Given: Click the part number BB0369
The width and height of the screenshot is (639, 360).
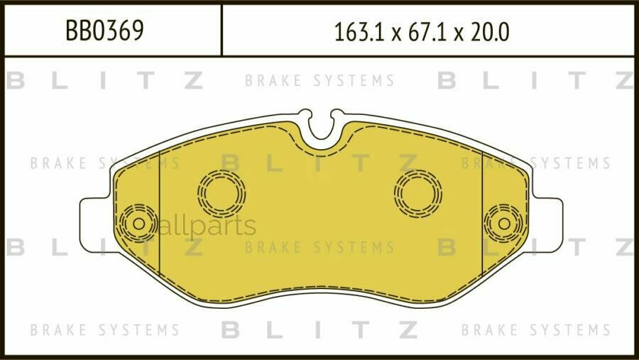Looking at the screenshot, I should pyautogui.click(x=104, y=31).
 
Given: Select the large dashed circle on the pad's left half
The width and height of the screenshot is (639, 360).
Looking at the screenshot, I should pyautogui.click(x=222, y=192).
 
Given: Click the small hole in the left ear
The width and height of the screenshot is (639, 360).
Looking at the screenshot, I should pyautogui.click(x=138, y=224).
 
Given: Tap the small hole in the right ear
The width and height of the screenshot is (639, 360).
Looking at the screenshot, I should pyautogui.click(x=503, y=223).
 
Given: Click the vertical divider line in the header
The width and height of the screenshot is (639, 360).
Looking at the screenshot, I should pyautogui.click(x=222, y=30).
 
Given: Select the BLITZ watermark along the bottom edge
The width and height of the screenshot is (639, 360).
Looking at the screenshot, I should pyautogui.click(x=319, y=329).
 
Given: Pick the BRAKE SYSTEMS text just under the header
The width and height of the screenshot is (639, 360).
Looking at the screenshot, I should pyautogui.click(x=319, y=81).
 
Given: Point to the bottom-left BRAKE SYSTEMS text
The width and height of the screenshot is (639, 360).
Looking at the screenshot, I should pyautogui.click(x=104, y=330).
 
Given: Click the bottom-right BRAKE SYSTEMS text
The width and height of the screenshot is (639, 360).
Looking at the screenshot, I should pyautogui.click(x=535, y=330).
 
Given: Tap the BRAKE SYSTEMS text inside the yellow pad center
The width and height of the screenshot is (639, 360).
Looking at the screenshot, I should pyautogui.click(x=319, y=248).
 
